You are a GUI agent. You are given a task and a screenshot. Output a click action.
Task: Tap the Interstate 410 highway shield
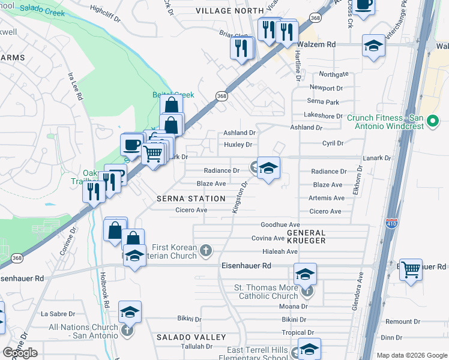pyautogui.click(x=392, y=223)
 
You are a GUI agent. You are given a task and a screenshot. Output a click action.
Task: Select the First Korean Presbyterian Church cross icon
pyautogui.click(x=205, y=250)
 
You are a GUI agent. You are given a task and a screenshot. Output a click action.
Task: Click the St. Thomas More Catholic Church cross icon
pyautogui.click(x=307, y=292)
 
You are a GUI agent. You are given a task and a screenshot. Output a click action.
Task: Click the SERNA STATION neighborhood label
pyautogui.click(x=191, y=199)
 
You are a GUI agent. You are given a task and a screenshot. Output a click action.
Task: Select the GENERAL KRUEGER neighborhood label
pyautogui.click(x=306, y=236)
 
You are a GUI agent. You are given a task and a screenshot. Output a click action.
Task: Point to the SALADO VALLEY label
pyautogui.click(x=183, y=338)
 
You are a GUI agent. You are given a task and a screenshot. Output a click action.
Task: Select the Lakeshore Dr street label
pyautogui.click(x=323, y=116)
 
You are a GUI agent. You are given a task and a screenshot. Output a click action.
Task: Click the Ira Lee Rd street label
pyautogui.click(x=75, y=87)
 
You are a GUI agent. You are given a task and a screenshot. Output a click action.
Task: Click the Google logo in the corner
pyautogui.click(x=20, y=353)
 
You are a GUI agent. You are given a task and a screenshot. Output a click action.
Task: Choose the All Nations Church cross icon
pyautogui.click(x=127, y=330)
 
